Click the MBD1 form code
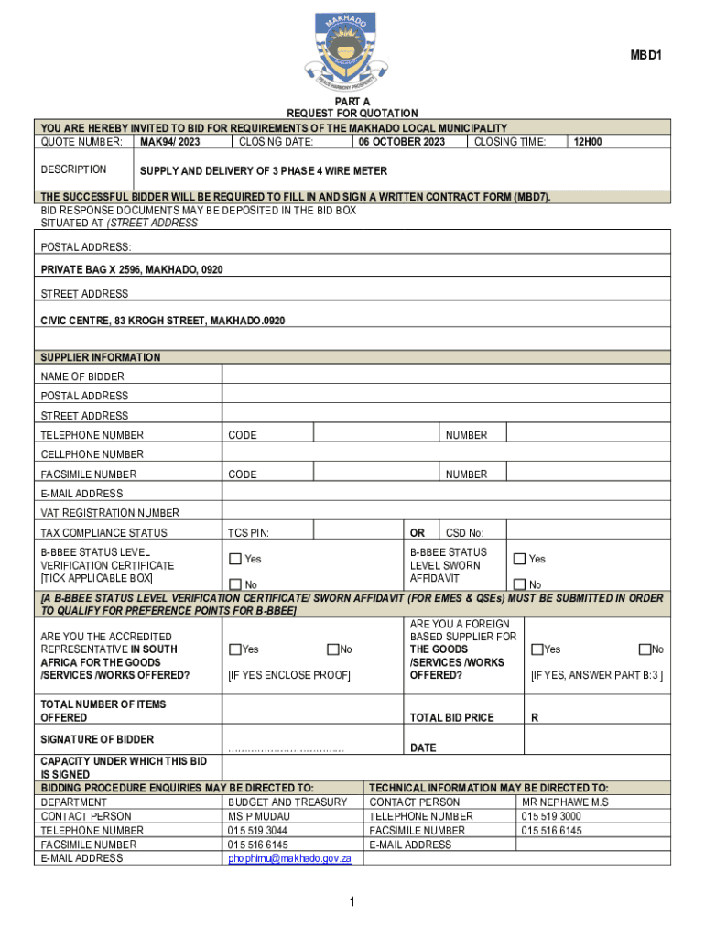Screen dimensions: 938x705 (x=645, y=56)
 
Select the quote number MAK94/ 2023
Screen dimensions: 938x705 (x=169, y=142)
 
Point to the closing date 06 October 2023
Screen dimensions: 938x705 (x=402, y=142)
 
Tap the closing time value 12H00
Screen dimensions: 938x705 (x=587, y=142)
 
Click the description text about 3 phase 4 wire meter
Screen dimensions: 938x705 (x=263, y=171)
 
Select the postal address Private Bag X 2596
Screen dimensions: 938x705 (x=132, y=269)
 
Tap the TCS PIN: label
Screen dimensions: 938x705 (x=248, y=533)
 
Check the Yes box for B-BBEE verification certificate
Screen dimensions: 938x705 (x=235, y=559)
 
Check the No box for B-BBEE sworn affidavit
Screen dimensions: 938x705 (x=519, y=584)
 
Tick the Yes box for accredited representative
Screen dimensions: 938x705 (x=235, y=649)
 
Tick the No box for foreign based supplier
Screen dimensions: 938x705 (x=644, y=649)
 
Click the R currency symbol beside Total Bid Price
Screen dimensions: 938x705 (x=534, y=718)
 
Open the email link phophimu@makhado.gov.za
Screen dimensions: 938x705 (x=296, y=858)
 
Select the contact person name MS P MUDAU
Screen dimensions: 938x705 (x=258, y=816)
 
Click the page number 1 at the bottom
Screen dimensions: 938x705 (x=352, y=903)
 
